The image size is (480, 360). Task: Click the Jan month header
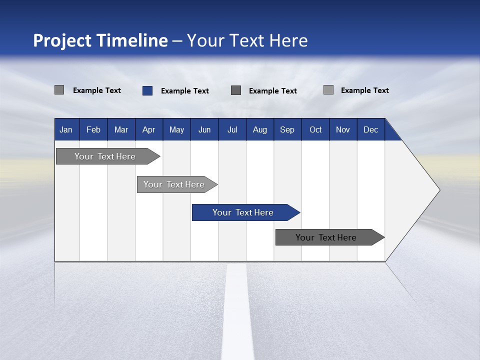coord(66,129)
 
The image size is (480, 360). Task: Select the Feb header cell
coord(93,129)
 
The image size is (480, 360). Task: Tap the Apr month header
coord(148,129)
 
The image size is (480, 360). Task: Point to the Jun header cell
coord(204,129)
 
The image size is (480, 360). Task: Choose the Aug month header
coord(259,129)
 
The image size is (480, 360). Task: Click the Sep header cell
coord(287,129)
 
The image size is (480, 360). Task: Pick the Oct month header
coord(315,129)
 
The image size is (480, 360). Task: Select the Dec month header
coord(370,129)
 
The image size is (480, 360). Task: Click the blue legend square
coord(147,90)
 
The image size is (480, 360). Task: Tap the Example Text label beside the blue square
coord(185,91)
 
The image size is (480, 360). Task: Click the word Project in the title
coord(62,40)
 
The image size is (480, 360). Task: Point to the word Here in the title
coord(288,40)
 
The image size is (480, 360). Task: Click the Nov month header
coord(343,129)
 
